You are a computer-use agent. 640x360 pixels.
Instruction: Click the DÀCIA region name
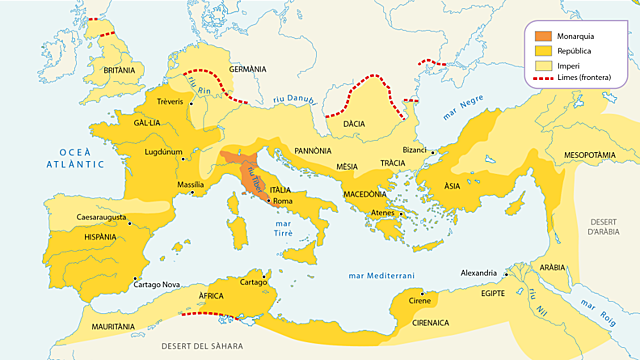[x=354, y=124]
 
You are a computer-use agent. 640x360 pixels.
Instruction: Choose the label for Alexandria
[x=478, y=273]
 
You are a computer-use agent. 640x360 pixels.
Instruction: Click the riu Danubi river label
[x=297, y=98]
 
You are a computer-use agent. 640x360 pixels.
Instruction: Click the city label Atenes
[x=384, y=213]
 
